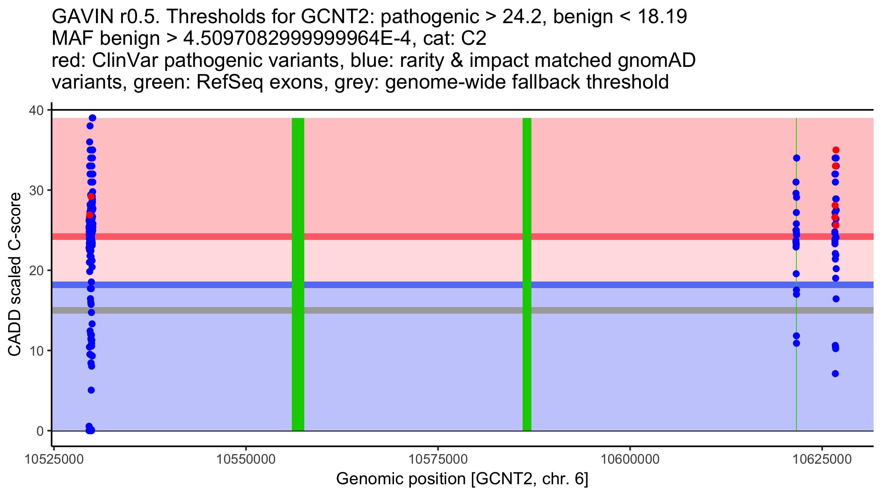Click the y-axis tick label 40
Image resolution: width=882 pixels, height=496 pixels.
tap(36, 110)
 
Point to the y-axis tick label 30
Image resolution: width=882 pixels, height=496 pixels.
tap(36, 190)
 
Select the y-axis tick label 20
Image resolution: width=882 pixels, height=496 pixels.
tap(36, 270)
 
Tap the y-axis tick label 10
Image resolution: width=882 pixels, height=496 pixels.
tap(36, 351)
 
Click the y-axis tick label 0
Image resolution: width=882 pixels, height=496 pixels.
tap(40, 431)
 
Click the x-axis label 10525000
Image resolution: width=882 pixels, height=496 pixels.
tap(54, 459)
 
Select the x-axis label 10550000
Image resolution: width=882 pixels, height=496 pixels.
tap(246, 459)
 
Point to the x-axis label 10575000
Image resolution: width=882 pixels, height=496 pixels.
tap(438, 459)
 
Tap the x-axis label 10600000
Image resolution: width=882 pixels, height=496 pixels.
tap(630, 459)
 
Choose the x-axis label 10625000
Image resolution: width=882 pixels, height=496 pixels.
tap(822, 459)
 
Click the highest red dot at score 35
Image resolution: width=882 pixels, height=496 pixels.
tap(836, 150)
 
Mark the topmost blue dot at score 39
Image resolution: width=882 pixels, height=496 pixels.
tap(93, 118)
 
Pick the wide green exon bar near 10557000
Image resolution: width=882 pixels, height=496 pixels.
tap(298, 274)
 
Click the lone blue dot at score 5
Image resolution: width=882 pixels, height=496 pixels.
tap(91, 390)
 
